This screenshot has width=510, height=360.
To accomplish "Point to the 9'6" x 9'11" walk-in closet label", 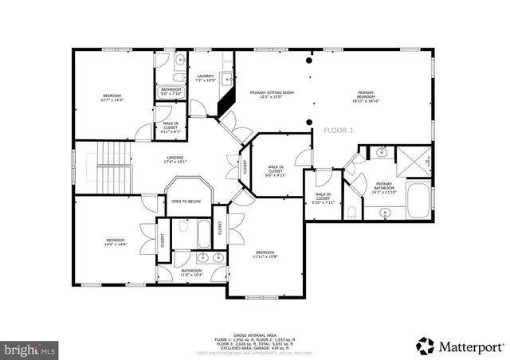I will click(276, 170).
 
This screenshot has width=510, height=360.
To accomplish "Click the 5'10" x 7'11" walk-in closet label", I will click(323, 198).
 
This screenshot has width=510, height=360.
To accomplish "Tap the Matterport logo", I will click(460, 345).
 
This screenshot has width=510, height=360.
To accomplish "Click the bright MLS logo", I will click(29, 349).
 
